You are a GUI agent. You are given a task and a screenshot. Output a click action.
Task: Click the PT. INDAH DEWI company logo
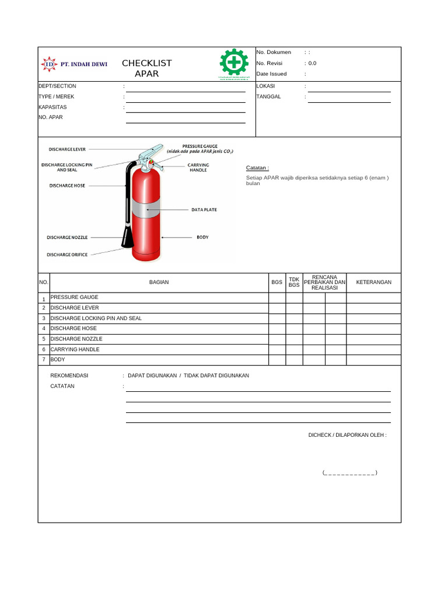pyautogui.click(x=73, y=65)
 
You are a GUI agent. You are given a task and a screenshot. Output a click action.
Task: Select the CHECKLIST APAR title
pyautogui.click(x=146, y=68)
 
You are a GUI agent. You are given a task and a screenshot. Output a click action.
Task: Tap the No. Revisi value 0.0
pyautogui.click(x=312, y=63)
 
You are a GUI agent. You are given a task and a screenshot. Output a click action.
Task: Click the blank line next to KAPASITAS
pyautogui.click(x=185, y=109)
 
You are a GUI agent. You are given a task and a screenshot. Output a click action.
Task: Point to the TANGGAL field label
pyautogui.click(x=268, y=97)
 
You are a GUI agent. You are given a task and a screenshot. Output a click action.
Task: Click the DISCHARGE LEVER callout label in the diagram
pyautogui.click(x=67, y=149)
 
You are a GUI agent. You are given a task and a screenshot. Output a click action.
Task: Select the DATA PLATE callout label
pyautogui.click(x=204, y=210)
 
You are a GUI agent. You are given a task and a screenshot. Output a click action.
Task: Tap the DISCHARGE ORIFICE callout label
pyautogui.click(x=67, y=255)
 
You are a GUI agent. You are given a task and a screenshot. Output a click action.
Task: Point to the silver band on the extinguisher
pyautogui.click(x=144, y=208)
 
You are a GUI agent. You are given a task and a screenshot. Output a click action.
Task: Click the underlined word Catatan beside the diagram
pyautogui.click(x=257, y=168)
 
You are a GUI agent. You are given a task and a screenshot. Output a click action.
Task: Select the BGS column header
pyautogui.click(x=276, y=283)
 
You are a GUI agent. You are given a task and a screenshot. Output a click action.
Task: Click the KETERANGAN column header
pyautogui.click(x=373, y=283)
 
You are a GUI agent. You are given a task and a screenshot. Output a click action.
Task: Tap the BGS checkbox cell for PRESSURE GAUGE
pyautogui.click(x=276, y=298)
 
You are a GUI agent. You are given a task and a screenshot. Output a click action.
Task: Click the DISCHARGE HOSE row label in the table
pyautogui.click(x=73, y=329)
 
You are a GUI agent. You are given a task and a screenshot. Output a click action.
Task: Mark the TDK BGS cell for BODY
pyautogui.click(x=294, y=360)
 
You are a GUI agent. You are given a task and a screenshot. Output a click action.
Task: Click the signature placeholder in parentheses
pyautogui.click(x=349, y=472)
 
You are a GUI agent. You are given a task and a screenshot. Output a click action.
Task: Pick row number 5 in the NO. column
pyautogui.click(x=44, y=339)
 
